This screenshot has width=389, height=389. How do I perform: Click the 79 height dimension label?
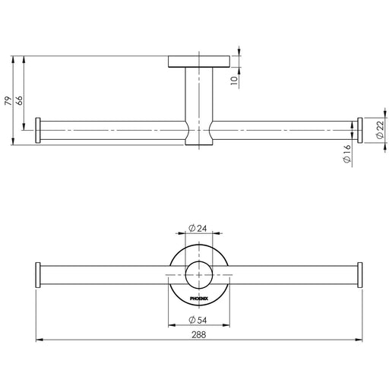pos(8,101)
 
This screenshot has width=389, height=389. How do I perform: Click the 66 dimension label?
pos(19,100)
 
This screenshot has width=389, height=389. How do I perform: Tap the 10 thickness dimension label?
pos(235,81)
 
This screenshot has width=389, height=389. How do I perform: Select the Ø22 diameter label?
pos(380,130)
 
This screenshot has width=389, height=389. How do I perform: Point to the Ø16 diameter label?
pos(347,153)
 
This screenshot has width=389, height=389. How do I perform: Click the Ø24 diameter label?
pos(198,228)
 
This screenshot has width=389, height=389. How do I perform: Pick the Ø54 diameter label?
pos(198,320)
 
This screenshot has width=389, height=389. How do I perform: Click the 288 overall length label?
pos(199,335)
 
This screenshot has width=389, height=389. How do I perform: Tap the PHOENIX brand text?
pos(199,299)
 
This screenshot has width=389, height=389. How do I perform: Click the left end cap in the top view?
pos(38,131)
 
